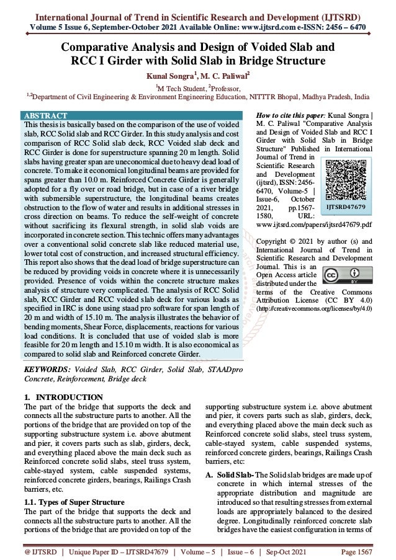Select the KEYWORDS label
pyautogui.click(x=46, y=369)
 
